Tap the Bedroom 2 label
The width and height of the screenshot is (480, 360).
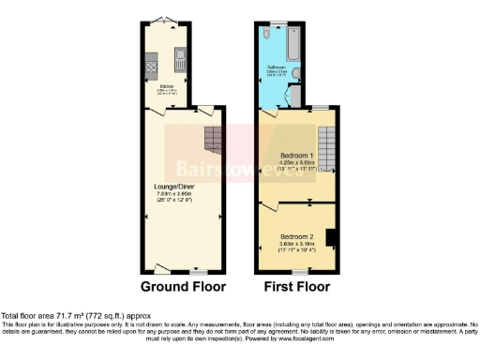tap(296, 236)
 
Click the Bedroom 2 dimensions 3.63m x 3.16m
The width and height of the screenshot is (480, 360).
tap(296, 244)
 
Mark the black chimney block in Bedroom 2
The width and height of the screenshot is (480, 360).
tap(331, 238)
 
